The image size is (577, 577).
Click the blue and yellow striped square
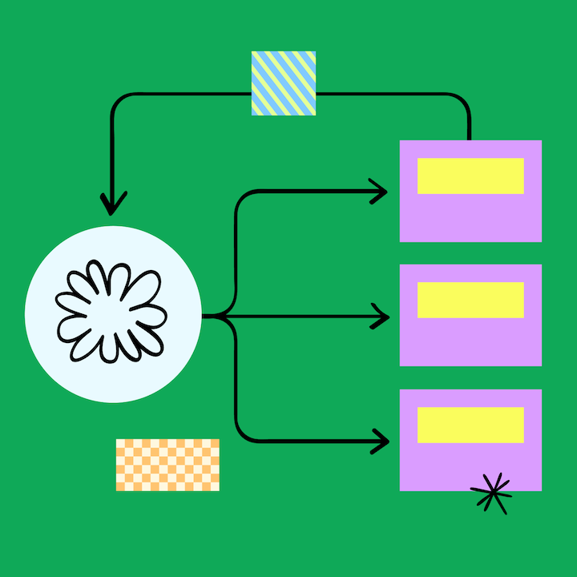click(x=283, y=83)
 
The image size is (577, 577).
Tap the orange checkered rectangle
click(x=167, y=465)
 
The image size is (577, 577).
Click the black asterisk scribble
click(x=491, y=493)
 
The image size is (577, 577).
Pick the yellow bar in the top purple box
click(x=470, y=176)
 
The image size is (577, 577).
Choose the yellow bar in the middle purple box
click(x=470, y=300)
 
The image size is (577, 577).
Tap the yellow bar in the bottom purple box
click(x=470, y=425)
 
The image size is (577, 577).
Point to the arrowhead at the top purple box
click(x=380, y=191)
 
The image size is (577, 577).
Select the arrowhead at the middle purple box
click(x=380, y=317)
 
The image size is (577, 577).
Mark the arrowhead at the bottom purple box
click(x=380, y=439)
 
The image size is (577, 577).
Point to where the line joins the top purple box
click(x=469, y=139)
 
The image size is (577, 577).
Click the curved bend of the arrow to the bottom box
click(x=241, y=433)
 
